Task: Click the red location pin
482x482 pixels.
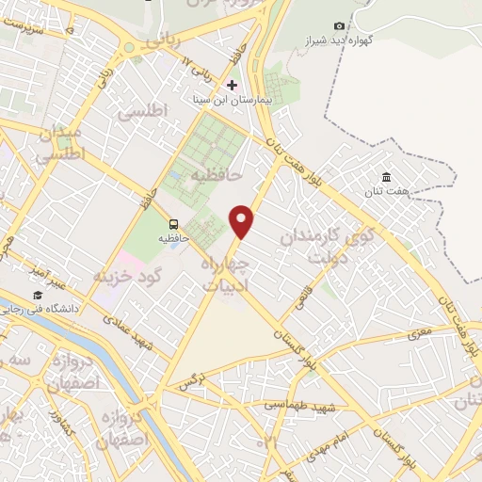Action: coord(243,220)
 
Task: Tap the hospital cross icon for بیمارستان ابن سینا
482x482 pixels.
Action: coord(232,85)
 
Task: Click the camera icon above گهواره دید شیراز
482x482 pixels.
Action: coord(339,25)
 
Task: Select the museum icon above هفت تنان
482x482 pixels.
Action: coord(386,177)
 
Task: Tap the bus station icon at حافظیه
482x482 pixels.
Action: coord(173,224)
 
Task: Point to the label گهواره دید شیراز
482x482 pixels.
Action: coord(339,41)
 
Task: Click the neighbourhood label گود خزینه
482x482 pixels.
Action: coord(130,275)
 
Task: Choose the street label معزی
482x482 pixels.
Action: coord(418,333)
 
